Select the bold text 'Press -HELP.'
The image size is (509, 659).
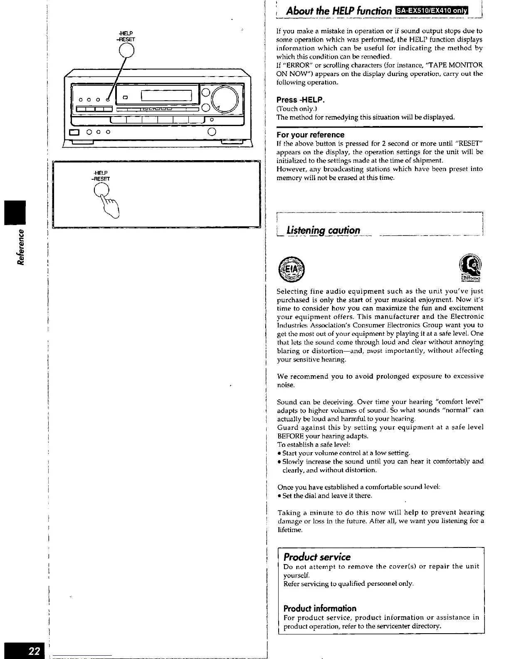click(x=300, y=100)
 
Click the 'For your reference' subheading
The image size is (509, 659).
click(x=311, y=135)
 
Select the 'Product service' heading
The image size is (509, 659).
click(x=317, y=557)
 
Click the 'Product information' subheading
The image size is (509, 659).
click(x=320, y=608)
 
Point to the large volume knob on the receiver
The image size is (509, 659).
click(x=225, y=100)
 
